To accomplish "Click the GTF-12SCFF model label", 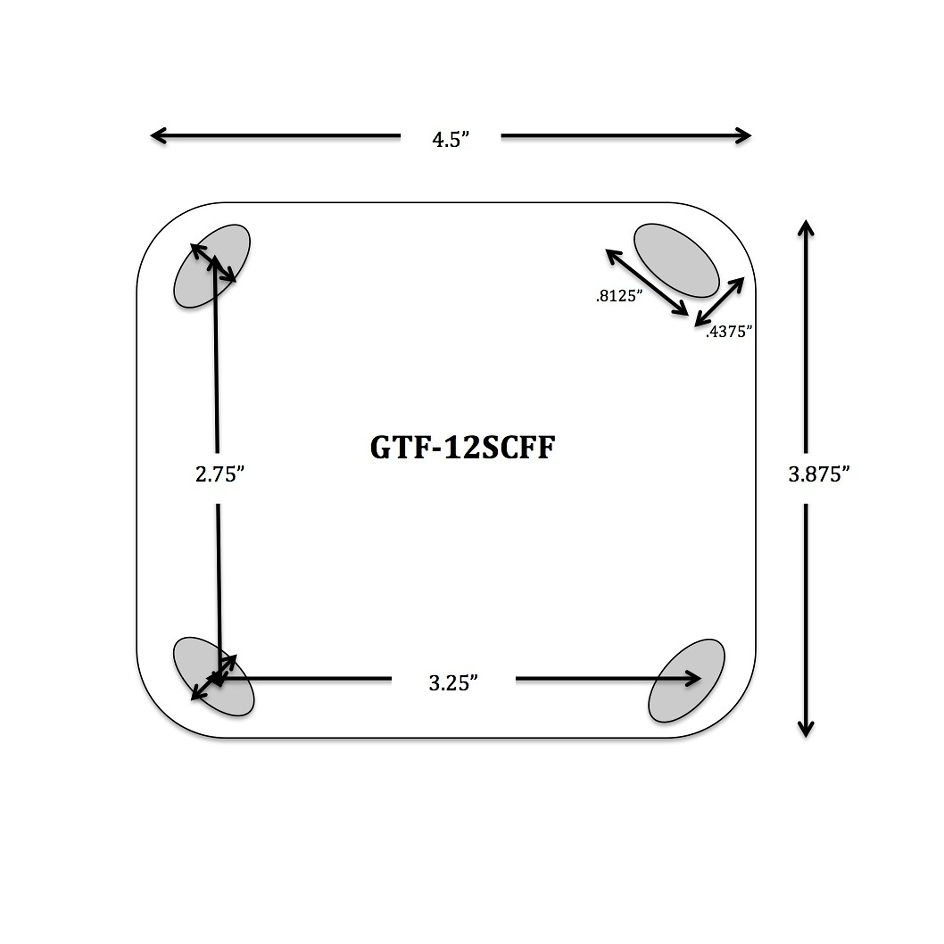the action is pos(462,447).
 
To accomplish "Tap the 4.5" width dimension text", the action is pos(450,140).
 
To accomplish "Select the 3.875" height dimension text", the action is pos(819,474).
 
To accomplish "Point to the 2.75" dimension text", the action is pos(219,474).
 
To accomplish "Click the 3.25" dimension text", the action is pos(453,683).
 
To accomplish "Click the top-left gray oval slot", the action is pos(212,266).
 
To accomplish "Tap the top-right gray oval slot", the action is pos(676,260).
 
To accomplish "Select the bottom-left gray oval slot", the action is pos(213,676).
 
